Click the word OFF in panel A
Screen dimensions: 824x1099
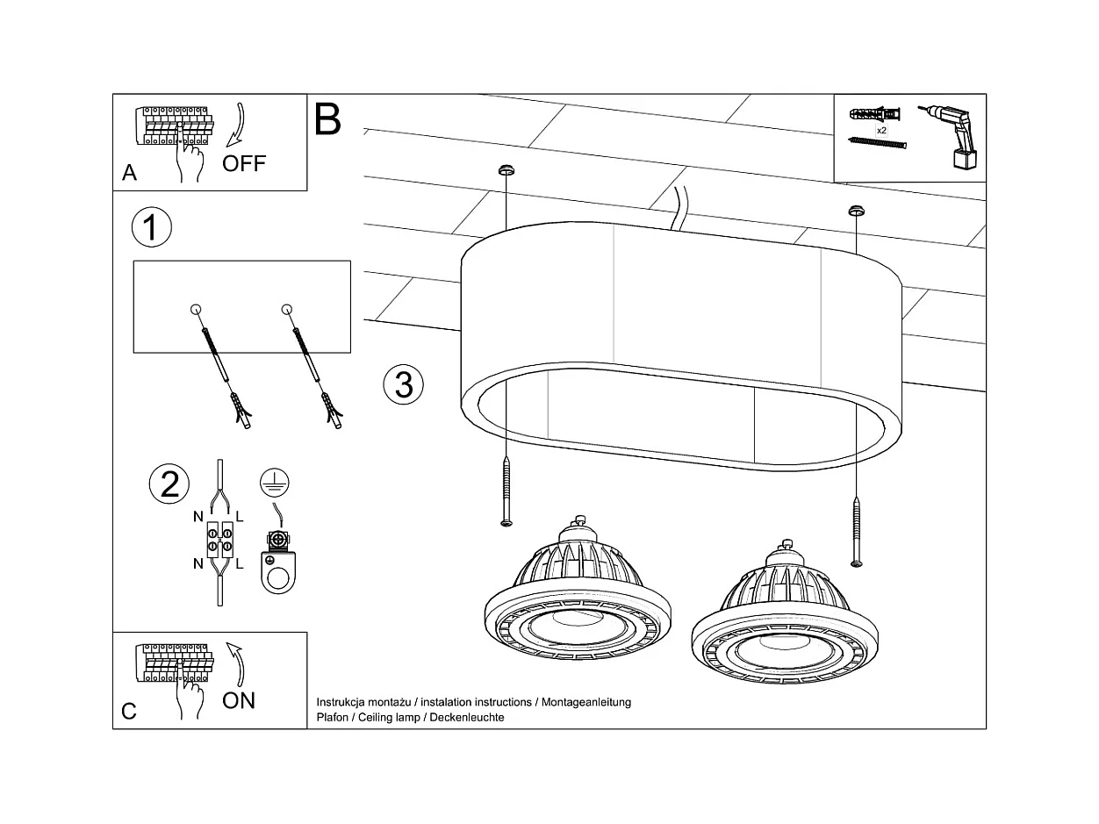pyautogui.click(x=243, y=163)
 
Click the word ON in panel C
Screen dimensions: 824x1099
pyautogui.click(x=239, y=699)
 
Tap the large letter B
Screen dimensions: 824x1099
pyautogui.click(x=327, y=119)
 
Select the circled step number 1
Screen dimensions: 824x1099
pyautogui.click(x=151, y=227)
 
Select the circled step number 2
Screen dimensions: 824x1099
pyautogui.click(x=169, y=484)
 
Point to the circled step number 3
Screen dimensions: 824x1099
pyautogui.click(x=404, y=384)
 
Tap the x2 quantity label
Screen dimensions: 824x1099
pyautogui.click(x=880, y=129)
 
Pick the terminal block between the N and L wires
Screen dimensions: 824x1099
pyautogui.click(x=219, y=540)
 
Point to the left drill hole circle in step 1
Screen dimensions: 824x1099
pyautogui.click(x=196, y=309)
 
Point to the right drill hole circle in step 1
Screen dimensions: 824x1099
pyautogui.click(x=286, y=309)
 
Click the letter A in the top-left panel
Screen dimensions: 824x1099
pyautogui.click(x=129, y=173)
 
